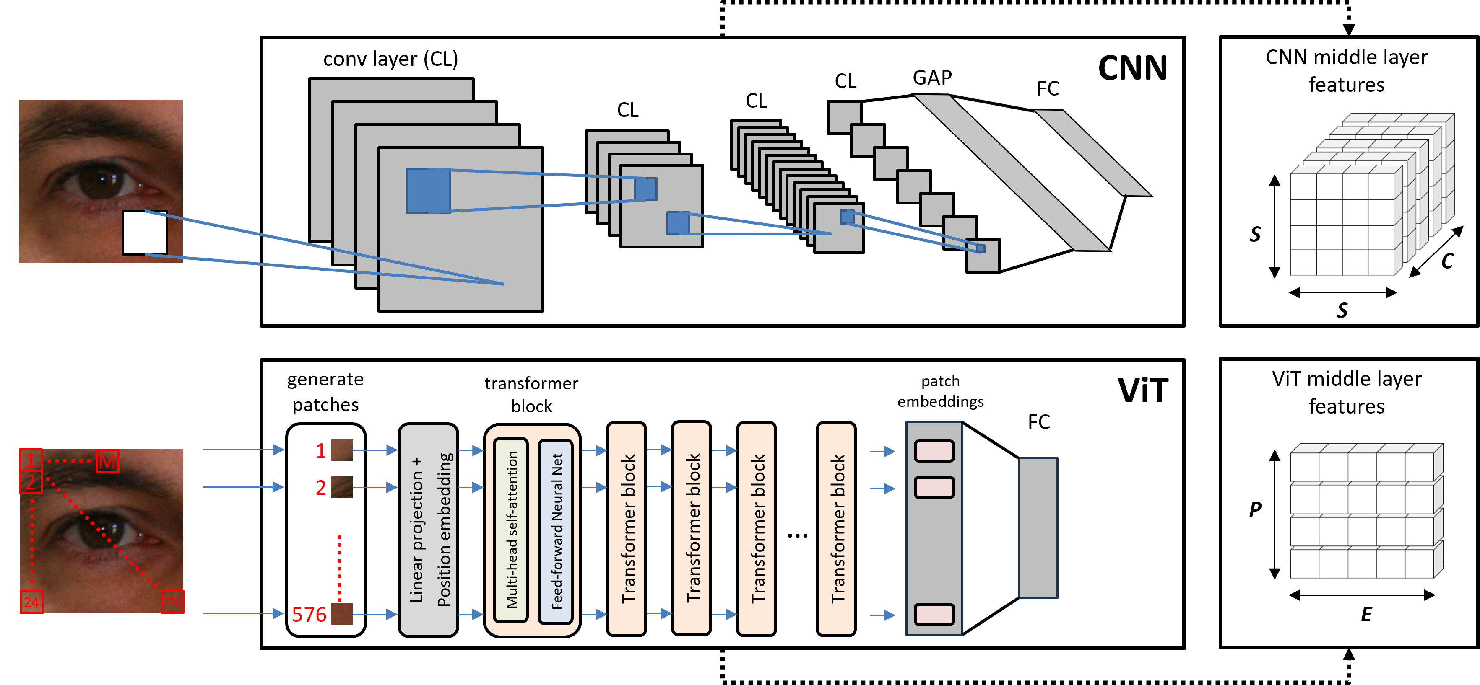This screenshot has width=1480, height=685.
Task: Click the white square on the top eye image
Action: click(x=145, y=233)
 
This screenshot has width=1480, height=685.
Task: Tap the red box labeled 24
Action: click(x=31, y=602)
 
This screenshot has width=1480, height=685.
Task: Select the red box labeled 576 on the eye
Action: click(x=172, y=602)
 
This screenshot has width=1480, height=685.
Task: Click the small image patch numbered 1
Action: click(x=342, y=450)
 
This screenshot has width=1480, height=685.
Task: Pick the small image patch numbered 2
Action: click(x=342, y=487)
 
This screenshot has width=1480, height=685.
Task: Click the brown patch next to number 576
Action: click(x=342, y=614)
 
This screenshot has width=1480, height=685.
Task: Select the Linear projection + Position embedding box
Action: click(x=428, y=530)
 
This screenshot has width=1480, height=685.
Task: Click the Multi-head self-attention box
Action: click(x=511, y=530)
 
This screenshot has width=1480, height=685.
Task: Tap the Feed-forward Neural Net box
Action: click(x=556, y=530)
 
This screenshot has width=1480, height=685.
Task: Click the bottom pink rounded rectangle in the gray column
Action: click(x=934, y=614)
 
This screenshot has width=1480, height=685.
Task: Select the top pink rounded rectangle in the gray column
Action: click(x=934, y=451)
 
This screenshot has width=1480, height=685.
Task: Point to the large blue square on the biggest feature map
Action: click(x=428, y=191)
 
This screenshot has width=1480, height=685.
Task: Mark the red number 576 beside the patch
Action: click(x=309, y=614)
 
